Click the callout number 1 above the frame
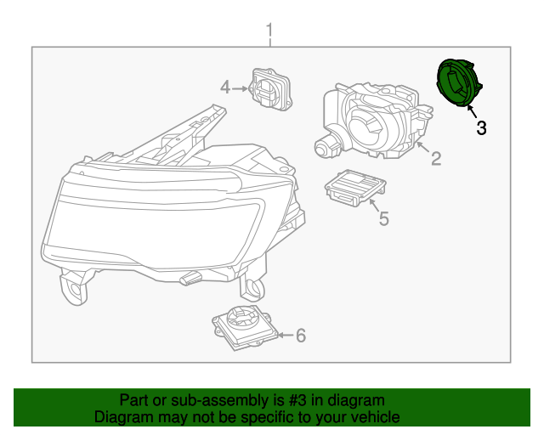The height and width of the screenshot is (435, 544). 269,33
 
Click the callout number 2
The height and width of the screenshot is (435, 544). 435,158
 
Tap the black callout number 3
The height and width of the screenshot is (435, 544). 481,128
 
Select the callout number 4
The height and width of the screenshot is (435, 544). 225,87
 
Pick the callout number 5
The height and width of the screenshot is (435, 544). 383,219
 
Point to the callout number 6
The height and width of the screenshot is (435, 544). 300,336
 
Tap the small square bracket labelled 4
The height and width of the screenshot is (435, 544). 269,88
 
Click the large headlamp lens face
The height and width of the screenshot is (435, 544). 153,225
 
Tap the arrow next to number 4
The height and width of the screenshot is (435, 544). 241,87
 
